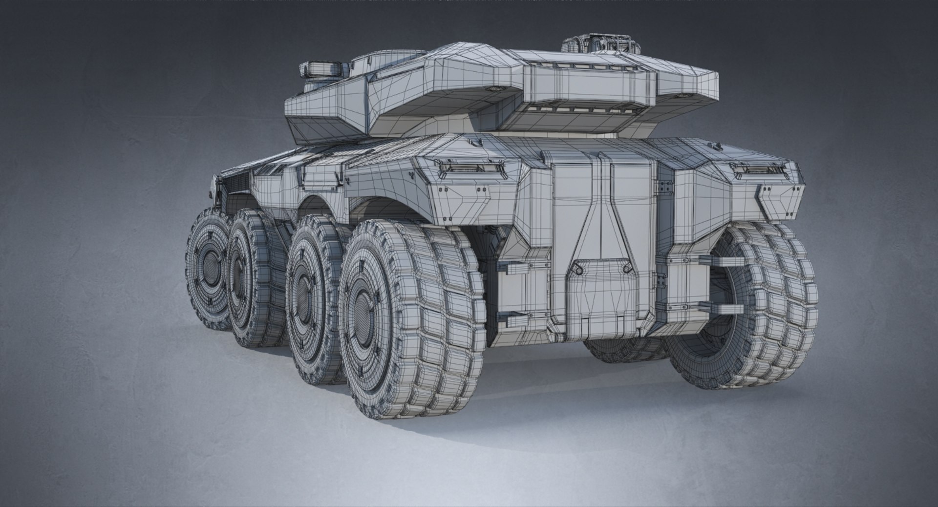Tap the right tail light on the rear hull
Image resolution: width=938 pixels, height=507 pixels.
(x=758, y=169)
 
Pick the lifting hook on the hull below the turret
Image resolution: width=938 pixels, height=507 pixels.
(x=545, y=157)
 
